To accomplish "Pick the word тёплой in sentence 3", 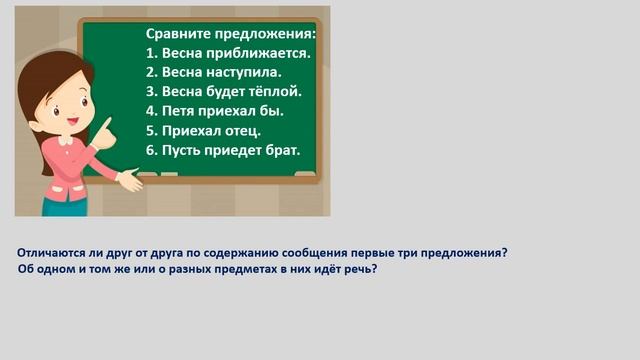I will (x=275, y=91).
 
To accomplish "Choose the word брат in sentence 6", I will (x=280, y=150).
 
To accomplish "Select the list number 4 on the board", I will (x=151, y=110).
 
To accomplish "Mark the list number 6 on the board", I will (x=151, y=150).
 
